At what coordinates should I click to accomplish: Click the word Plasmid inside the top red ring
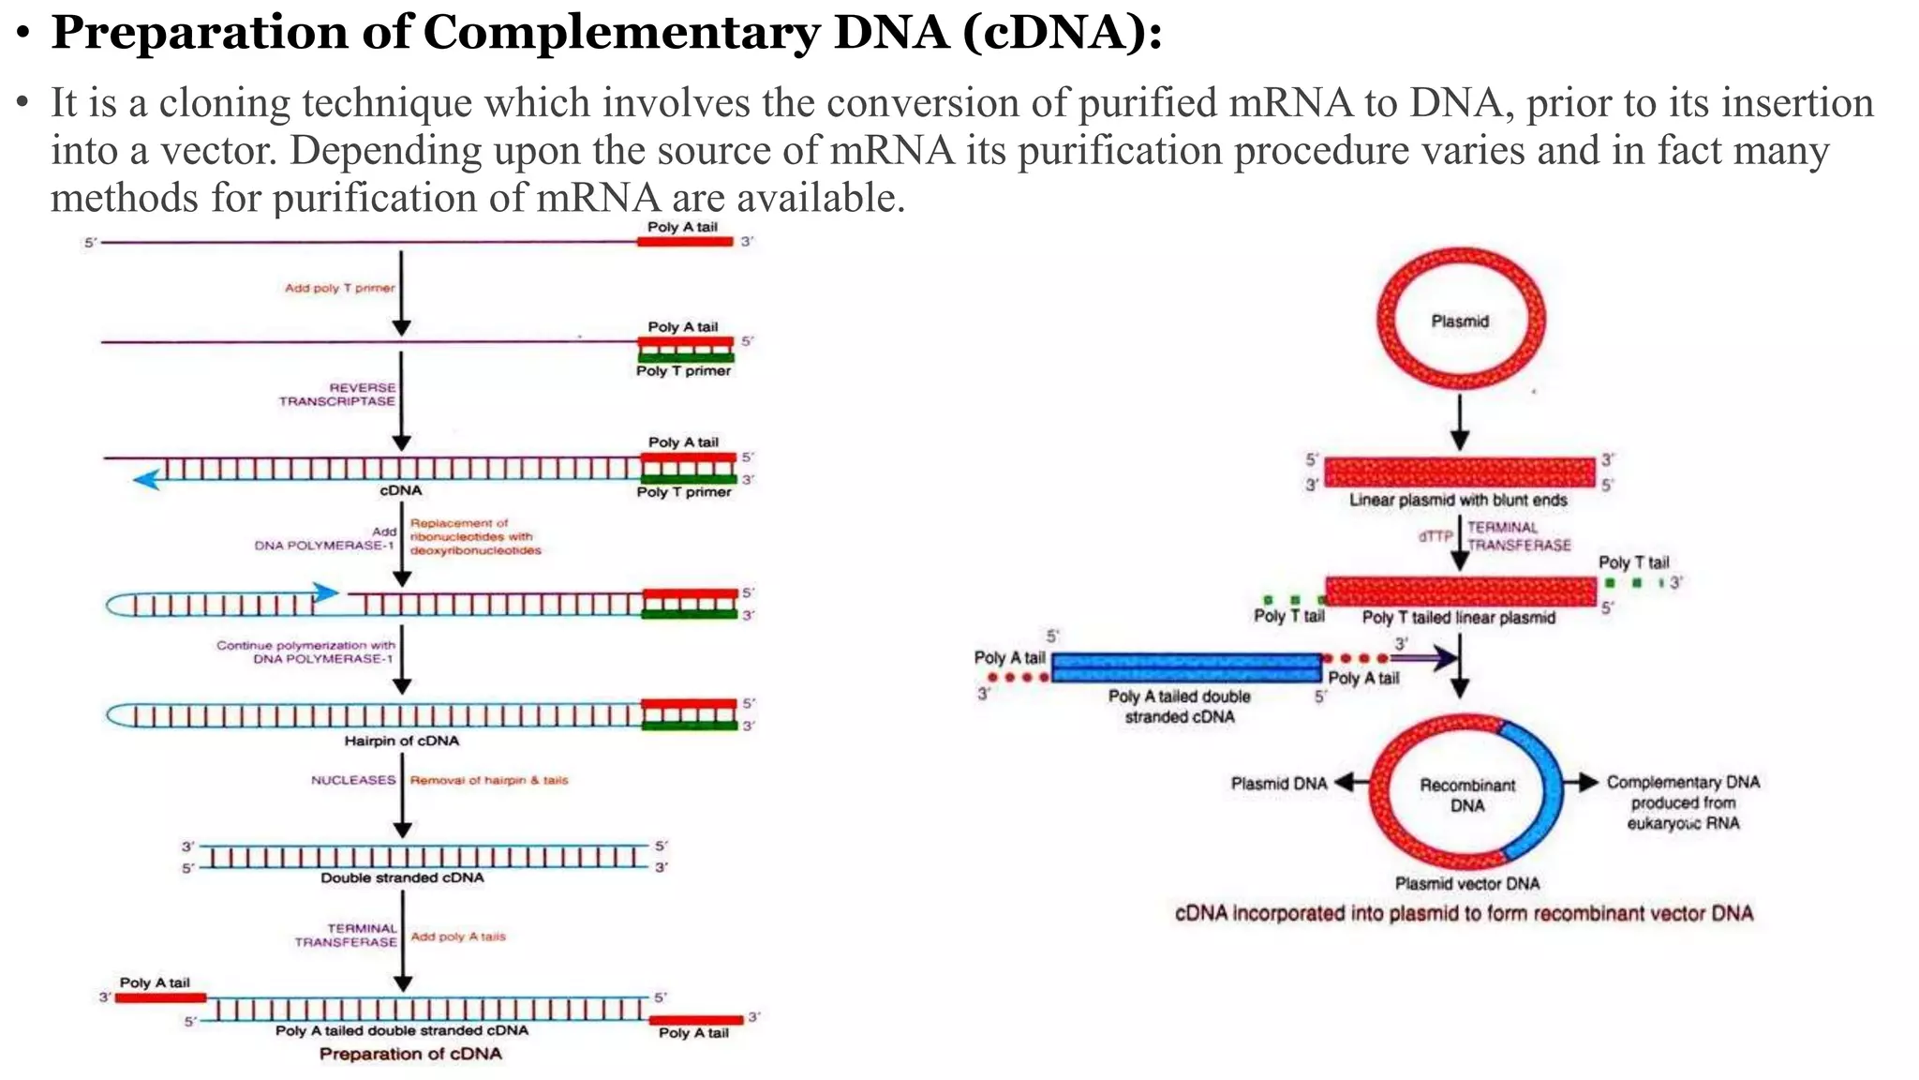point(1459,322)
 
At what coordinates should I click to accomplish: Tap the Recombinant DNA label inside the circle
point(1466,795)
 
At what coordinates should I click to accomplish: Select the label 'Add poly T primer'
point(339,288)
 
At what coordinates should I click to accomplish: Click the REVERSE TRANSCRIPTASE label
point(338,394)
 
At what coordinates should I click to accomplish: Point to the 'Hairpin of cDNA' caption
point(401,741)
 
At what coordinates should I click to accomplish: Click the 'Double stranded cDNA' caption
point(402,877)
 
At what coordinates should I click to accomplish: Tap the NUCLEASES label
point(353,780)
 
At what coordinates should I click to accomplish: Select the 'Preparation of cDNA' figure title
point(410,1054)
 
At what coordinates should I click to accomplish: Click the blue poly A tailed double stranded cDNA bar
point(1185,667)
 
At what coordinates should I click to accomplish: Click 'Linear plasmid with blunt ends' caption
point(1458,501)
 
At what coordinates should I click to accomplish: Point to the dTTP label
point(1435,536)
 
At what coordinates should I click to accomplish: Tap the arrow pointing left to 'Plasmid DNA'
point(1350,783)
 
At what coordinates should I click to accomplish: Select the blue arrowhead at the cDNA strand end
point(145,480)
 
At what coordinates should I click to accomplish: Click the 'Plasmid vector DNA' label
point(1466,883)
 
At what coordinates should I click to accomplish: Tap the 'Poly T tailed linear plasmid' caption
point(1458,618)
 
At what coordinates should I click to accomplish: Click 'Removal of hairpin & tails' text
point(489,780)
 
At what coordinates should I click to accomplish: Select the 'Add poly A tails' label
point(458,937)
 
